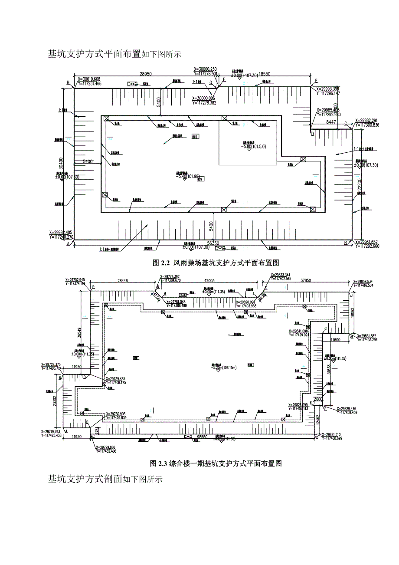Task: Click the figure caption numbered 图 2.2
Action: [x=216, y=263]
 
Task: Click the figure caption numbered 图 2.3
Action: [x=216, y=463]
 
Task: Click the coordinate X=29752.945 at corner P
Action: [x=75, y=279]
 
